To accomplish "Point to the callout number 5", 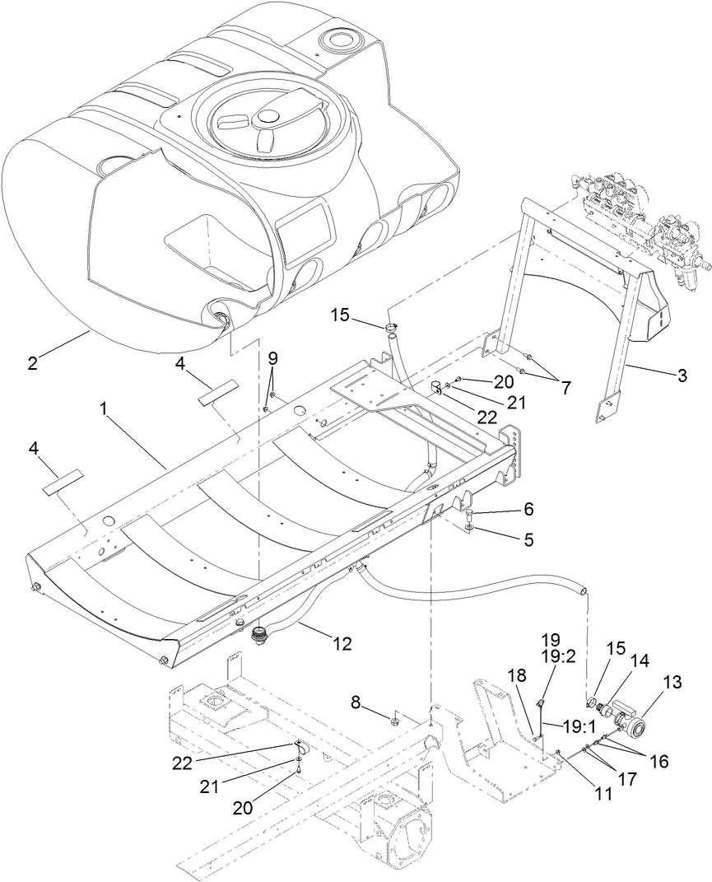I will [528, 540].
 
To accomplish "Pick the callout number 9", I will [273, 358].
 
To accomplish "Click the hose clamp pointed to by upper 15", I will [392, 329].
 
